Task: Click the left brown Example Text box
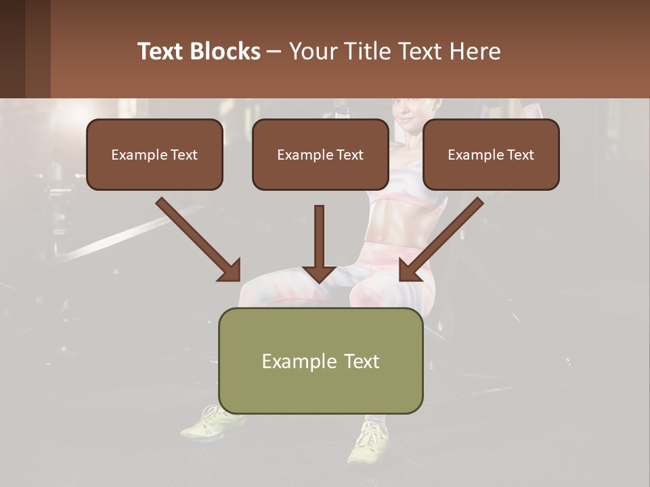point(154,154)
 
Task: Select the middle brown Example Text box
point(320,154)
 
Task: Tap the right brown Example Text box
point(491,154)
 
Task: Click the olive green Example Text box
point(321,361)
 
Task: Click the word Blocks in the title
point(225,51)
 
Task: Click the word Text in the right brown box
point(520,155)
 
